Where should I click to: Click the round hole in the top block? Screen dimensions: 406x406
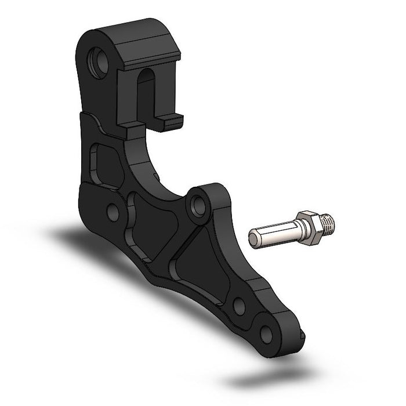coord(99,63)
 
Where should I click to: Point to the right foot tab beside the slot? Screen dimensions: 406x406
coord(172,120)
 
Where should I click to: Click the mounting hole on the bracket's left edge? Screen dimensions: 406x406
coord(113,212)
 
